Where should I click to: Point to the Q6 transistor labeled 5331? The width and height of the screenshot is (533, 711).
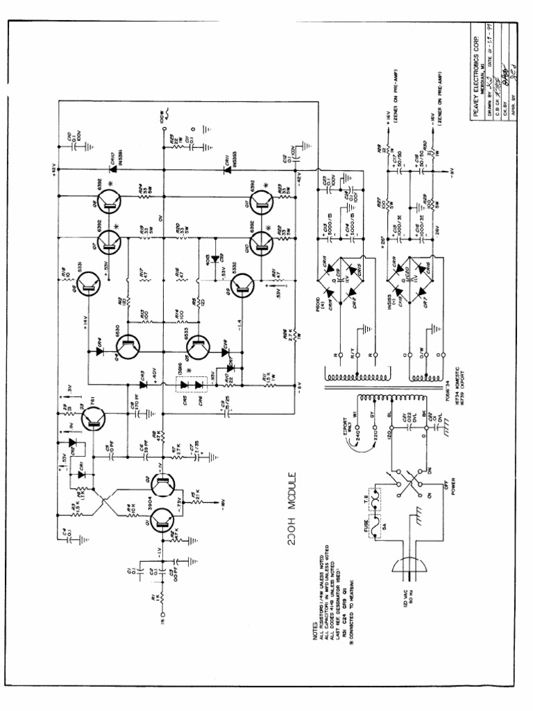click(88, 283)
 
